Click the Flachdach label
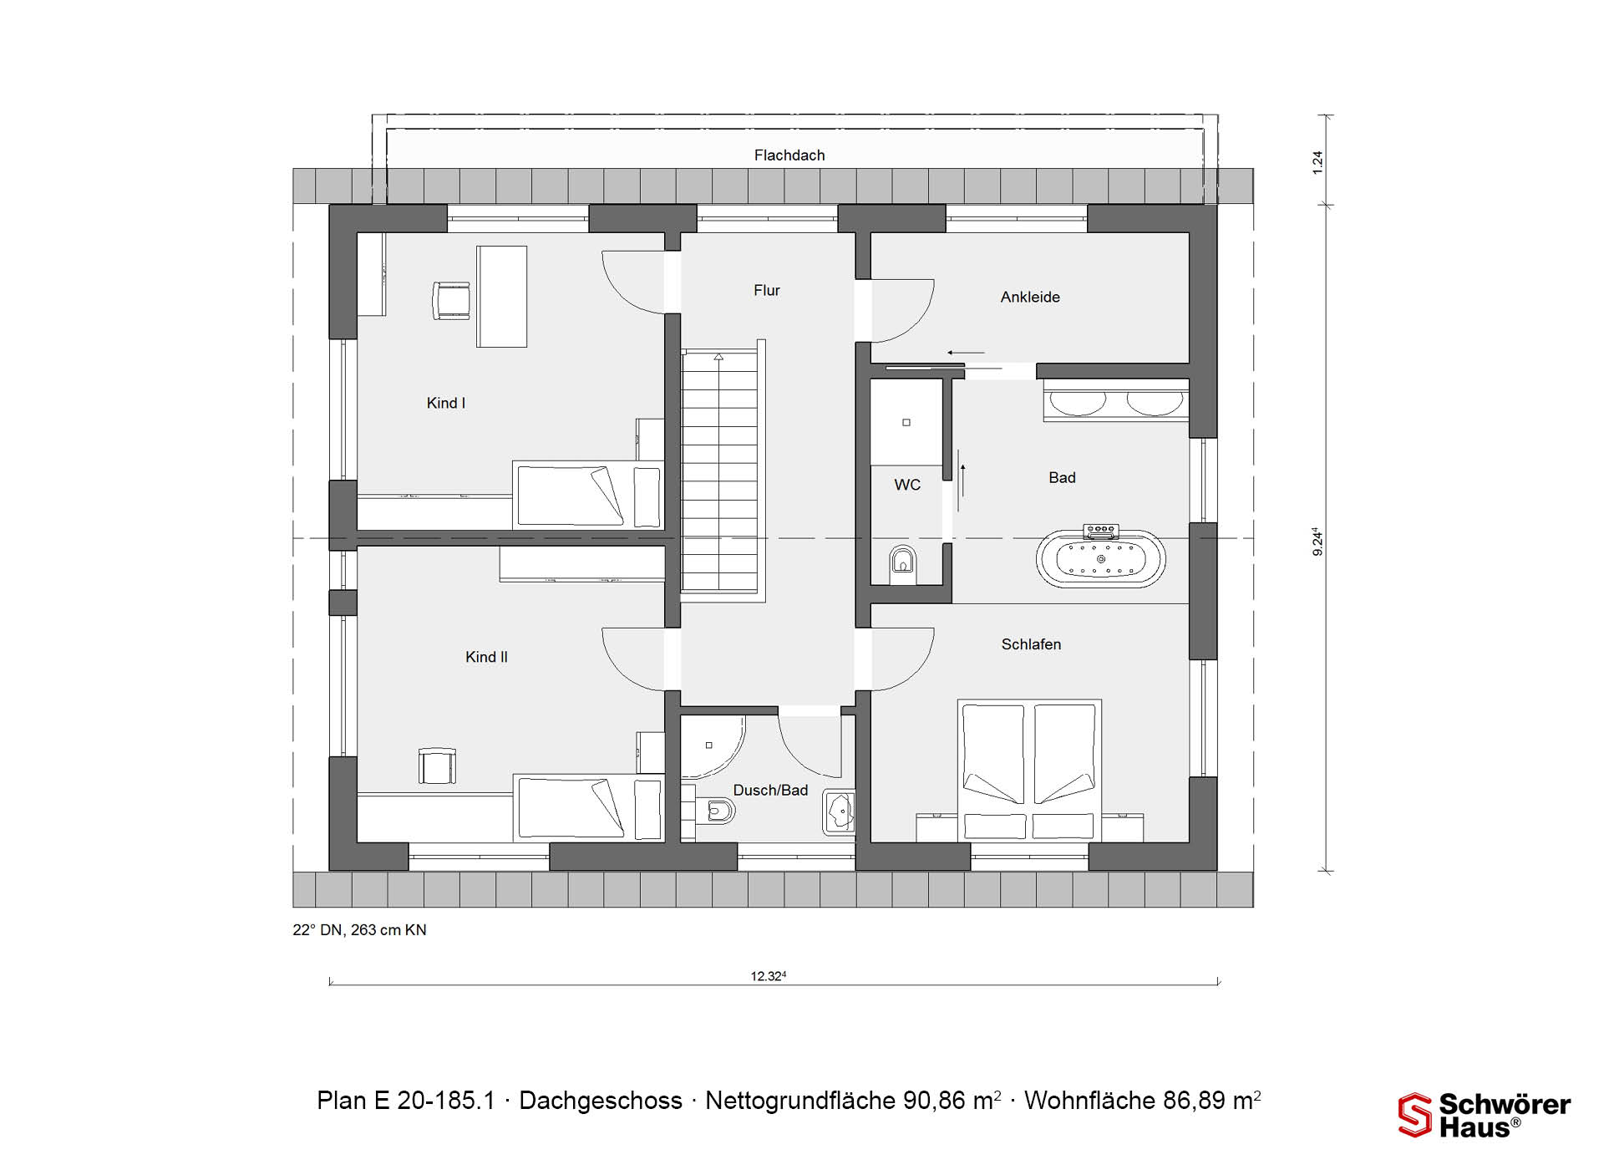789,155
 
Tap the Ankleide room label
1030,297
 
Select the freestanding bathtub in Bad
1101,557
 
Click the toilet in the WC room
902,561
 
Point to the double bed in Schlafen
1029,770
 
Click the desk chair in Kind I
450,301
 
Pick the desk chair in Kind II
437,766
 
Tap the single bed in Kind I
588,495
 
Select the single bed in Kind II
588,807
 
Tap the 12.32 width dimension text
769,975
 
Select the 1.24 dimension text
1317,162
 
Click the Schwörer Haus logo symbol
1414,1115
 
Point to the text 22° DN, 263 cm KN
359,930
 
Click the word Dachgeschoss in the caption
601,1101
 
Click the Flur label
766,291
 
